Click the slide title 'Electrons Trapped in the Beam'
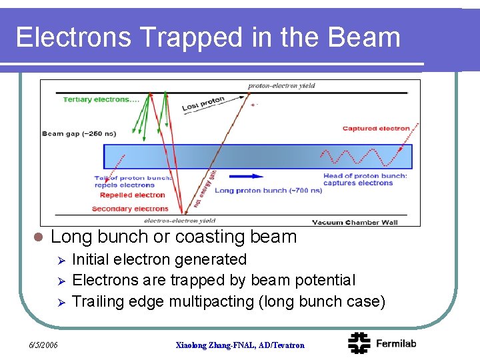[x=208, y=37]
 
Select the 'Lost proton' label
[x=204, y=103]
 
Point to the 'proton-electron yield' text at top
[x=281, y=86]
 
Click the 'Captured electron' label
[x=376, y=129]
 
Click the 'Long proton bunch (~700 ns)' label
[x=268, y=191]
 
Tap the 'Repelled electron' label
[x=132, y=195]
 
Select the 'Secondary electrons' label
[x=130, y=209]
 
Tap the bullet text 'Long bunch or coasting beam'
[x=173, y=237]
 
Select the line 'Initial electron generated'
[x=159, y=259]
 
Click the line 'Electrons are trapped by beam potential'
[x=213, y=280]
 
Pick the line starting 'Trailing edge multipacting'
[x=229, y=301]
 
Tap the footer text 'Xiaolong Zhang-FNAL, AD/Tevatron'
[x=239, y=345]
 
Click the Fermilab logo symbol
[x=359, y=343]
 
